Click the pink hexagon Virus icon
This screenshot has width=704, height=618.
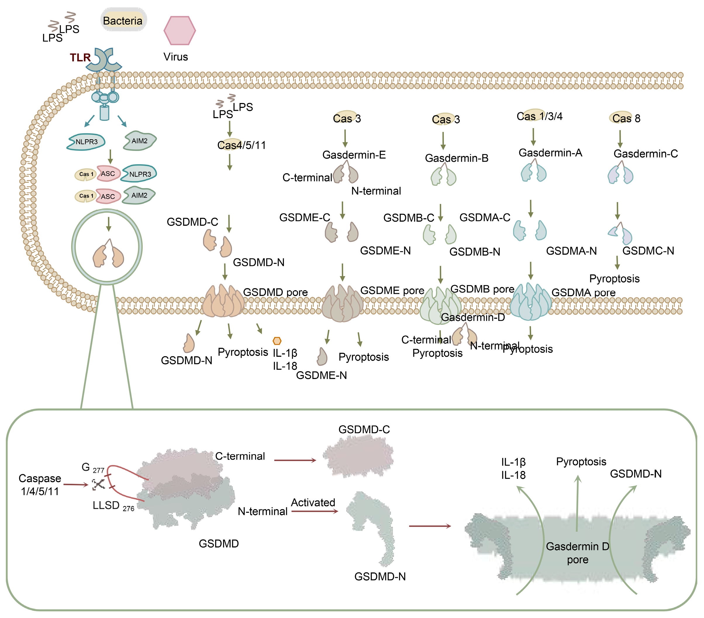click(180, 31)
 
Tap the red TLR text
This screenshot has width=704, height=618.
click(80, 58)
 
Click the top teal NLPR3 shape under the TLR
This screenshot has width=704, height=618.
click(86, 142)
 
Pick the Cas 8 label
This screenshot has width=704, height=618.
click(626, 118)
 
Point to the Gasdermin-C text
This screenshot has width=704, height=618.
click(646, 153)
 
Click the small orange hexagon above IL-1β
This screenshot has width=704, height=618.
click(277, 341)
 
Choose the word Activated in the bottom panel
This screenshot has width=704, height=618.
click(313, 502)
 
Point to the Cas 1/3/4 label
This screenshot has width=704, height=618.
click(539, 116)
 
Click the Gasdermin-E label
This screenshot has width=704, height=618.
click(354, 155)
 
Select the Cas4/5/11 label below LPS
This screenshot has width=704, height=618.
click(241, 145)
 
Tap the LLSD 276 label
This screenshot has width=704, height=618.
click(113, 506)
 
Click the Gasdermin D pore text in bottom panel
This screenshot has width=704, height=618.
click(578, 552)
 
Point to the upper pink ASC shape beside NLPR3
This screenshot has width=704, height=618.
click(108, 174)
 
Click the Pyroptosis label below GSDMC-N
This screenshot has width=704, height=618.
click(614, 278)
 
